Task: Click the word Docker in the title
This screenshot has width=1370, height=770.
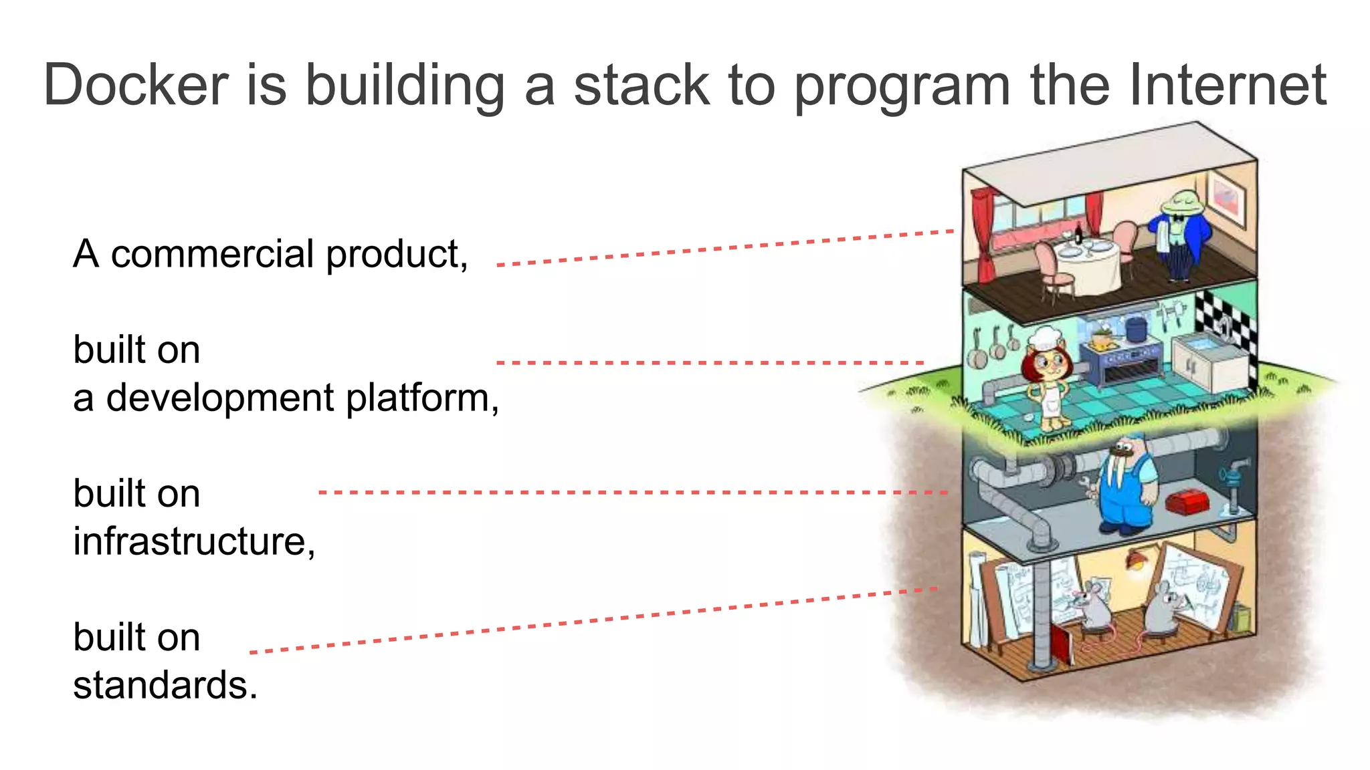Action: (136, 86)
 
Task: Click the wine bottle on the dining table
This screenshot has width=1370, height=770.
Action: (1078, 233)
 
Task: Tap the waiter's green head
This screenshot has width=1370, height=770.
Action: (1183, 201)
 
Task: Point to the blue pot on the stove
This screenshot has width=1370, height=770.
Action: (1135, 329)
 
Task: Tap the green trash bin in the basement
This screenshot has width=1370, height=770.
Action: (1240, 617)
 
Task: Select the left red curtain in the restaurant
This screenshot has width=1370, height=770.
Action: (984, 234)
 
